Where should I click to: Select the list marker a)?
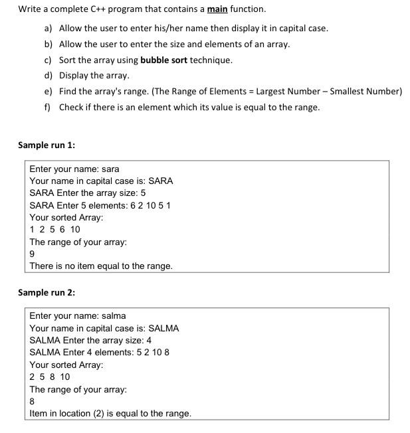[x=49, y=29]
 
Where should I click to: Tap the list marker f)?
[x=48, y=107]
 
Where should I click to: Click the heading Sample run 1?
[x=46, y=145]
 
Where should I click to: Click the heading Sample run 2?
[x=46, y=292]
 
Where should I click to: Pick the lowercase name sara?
[x=110, y=169]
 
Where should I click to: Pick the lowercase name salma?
[x=114, y=315]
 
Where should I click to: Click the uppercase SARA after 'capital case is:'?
[x=160, y=181]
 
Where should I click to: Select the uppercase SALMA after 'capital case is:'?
[x=163, y=328]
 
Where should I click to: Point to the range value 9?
[x=33, y=254]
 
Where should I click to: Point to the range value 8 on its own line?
[x=33, y=401]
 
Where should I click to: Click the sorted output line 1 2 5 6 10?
[x=55, y=229]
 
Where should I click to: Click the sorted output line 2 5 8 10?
[x=50, y=377]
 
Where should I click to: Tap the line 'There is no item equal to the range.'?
[x=101, y=266]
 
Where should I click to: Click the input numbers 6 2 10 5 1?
[x=147, y=205]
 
